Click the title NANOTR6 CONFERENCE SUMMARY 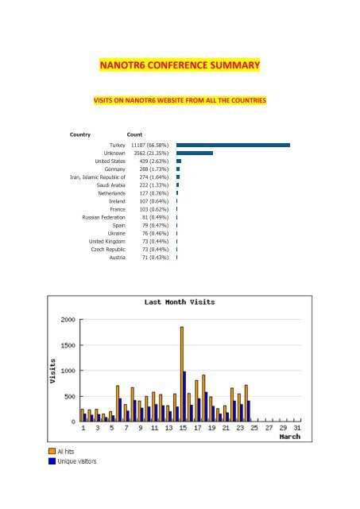[x=180, y=65]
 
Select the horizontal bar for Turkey [x=233, y=145]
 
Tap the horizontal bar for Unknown [x=195, y=153]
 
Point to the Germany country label [x=114, y=169]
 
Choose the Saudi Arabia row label [x=111, y=185]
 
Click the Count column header [x=134, y=134]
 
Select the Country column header [x=80, y=134]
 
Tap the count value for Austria [x=155, y=258]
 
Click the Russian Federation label [x=104, y=217]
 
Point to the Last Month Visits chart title [x=180, y=302]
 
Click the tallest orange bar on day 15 [x=182, y=374]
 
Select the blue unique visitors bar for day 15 [x=184, y=396]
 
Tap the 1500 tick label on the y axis [x=68, y=345]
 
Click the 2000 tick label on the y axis [x=68, y=320]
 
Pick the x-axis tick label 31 [x=297, y=428]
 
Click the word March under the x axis [x=290, y=437]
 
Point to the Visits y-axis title [x=52, y=371]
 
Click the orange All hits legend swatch [x=52, y=451]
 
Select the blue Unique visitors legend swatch [x=52, y=461]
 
